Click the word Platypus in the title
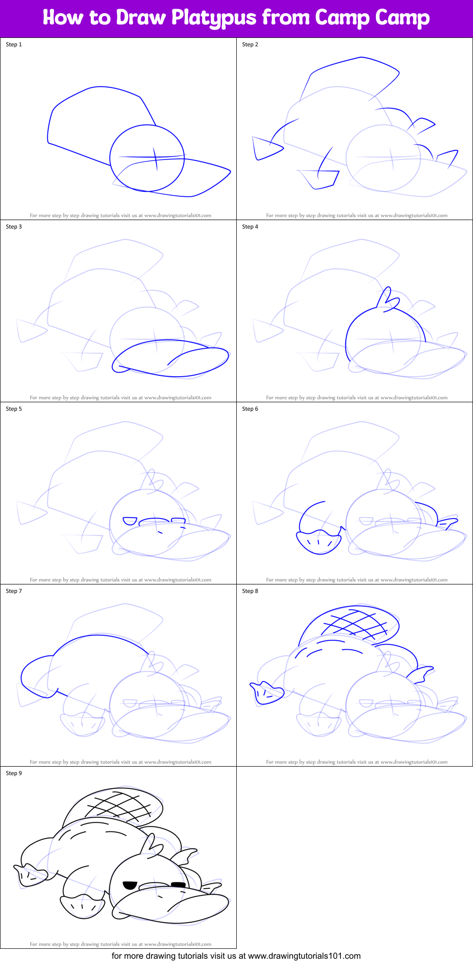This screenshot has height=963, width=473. (x=214, y=18)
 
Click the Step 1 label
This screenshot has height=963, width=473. (x=14, y=44)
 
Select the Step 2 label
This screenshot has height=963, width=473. (x=250, y=44)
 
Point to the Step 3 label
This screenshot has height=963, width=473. (x=14, y=227)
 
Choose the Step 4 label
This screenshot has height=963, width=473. (x=250, y=227)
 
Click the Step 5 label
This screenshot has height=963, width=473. (x=14, y=409)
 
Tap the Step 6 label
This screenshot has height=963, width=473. (x=250, y=409)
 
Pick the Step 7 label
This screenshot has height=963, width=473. (x=14, y=591)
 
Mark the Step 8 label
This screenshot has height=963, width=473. (x=250, y=591)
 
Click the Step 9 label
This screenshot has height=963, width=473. (x=14, y=773)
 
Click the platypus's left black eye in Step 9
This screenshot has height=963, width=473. (x=130, y=885)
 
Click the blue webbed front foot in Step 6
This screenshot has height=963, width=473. (x=319, y=542)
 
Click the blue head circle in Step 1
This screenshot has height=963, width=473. (x=147, y=158)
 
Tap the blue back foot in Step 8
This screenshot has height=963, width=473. (x=268, y=693)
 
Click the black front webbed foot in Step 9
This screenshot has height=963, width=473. (x=82, y=906)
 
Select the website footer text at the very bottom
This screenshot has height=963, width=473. (x=236, y=955)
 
